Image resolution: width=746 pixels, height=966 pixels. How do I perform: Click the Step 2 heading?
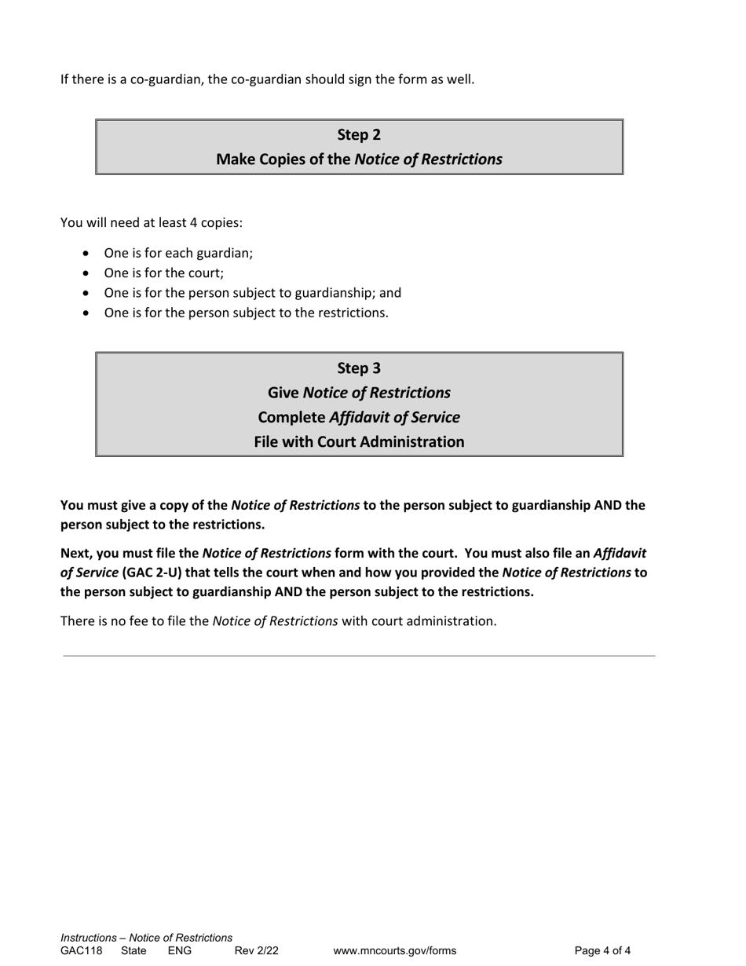pyautogui.click(x=359, y=134)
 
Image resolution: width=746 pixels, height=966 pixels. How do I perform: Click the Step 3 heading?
pyautogui.click(x=359, y=368)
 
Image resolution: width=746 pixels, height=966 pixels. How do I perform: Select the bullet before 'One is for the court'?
pyautogui.click(x=86, y=273)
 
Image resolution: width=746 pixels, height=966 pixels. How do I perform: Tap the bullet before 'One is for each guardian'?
pyautogui.click(x=86, y=254)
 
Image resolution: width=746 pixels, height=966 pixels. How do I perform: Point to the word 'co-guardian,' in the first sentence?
pyautogui.click(x=166, y=79)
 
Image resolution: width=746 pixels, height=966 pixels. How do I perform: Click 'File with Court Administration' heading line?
pyautogui.click(x=359, y=441)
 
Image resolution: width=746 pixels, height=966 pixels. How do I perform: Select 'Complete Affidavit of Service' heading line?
pyautogui.click(x=359, y=416)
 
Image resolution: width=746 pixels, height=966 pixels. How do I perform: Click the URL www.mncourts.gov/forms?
pyautogui.click(x=394, y=951)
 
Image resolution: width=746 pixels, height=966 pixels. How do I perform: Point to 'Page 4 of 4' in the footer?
pyautogui.click(x=602, y=951)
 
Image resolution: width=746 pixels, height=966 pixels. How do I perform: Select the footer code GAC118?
pyautogui.click(x=82, y=951)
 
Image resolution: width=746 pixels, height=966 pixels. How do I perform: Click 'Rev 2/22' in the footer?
pyautogui.click(x=256, y=951)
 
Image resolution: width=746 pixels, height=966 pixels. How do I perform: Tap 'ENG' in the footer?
pyautogui.click(x=180, y=951)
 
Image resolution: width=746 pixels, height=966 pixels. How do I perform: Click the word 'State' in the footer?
pyautogui.click(x=133, y=951)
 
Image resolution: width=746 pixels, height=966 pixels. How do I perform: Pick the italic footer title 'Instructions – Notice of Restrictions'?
pyautogui.click(x=147, y=938)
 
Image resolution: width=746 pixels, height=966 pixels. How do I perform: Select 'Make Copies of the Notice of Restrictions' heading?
pyautogui.click(x=359, y=159)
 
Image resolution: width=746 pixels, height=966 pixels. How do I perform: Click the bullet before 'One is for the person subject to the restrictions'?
pyautogui.click(x=86, y=313)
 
